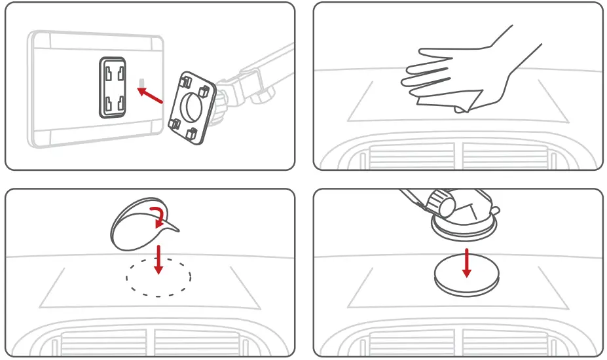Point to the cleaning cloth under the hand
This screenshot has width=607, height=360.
click(x=452, y=100)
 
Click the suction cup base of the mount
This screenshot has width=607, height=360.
click(x=464, y=223)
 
